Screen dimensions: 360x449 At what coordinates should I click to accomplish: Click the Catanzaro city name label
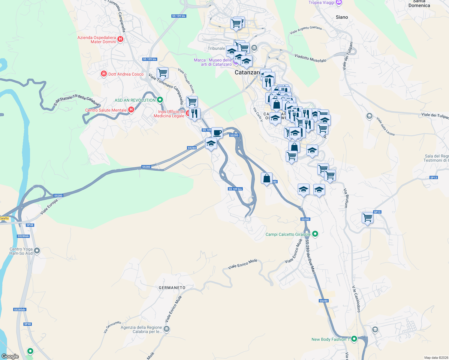[247, 72]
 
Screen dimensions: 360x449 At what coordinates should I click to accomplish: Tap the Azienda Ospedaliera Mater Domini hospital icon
[120, 39]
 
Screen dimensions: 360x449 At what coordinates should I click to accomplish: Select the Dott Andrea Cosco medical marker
[104, 74]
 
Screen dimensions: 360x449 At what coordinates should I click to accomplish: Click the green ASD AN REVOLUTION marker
[160, 100]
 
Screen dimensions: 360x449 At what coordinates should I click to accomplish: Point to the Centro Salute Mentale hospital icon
[131, 110]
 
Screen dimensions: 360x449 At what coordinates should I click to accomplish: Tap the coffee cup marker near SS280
[217, 132]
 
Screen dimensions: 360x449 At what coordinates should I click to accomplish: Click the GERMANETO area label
[172, 288]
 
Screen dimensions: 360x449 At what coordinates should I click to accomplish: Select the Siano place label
[342, 17]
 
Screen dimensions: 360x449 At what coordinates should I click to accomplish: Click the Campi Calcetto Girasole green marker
[315, 234]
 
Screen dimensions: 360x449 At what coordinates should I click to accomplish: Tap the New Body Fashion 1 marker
[354, 339]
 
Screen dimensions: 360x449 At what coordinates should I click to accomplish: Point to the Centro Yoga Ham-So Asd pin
[37, 250]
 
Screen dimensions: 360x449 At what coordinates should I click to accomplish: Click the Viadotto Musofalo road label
[310, 58]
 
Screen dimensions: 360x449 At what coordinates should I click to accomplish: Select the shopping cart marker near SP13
[367, 218]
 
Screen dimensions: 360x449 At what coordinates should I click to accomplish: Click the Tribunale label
[216, 48]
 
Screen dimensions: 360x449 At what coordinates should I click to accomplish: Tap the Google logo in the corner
[10, 356]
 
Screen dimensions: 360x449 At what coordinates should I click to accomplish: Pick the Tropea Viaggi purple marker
[339, 2]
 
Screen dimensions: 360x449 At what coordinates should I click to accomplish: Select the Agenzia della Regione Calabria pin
[167, 329]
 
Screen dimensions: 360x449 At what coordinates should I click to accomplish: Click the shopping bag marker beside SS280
[267, 178]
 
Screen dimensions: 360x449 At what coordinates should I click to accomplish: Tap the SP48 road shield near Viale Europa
[30, 225]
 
